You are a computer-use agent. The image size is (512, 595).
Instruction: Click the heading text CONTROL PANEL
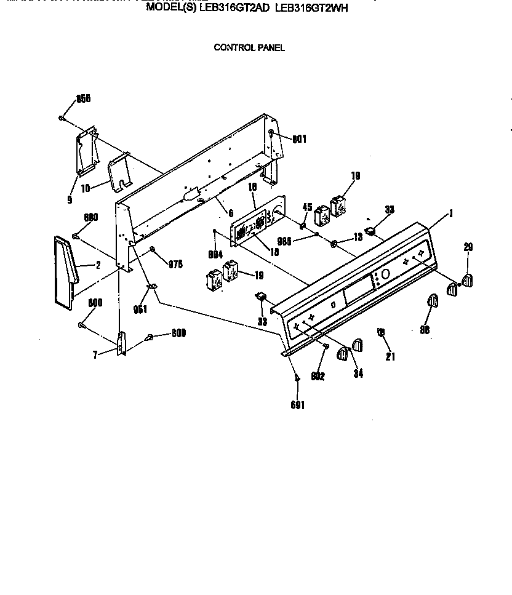pyautogui.click(x=249, y=47)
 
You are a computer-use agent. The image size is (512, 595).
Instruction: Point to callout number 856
pyautogui.click(x=83, y=100)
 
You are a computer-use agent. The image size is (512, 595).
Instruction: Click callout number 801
pyautogui.click(x=299, y=139)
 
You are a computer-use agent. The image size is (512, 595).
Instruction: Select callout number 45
pyautogui.click(x=307, y=207)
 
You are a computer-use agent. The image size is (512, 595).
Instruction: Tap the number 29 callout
pyautogui.click(x=468, y=247)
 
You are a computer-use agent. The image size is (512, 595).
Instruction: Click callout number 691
pyautogui.click(x=298, y=405)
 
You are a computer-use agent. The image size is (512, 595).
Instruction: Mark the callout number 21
pyautogui.click(x=390, y=356)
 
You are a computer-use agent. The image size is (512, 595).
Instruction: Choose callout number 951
pyautogui.click(x=140, y=309)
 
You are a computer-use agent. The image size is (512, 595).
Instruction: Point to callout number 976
pyautogui.click(x=176, y=264)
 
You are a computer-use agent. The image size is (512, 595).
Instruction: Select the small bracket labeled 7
pyautogui.click(x=121, y=343)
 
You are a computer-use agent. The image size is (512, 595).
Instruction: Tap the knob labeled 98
pyautogui.click(x=431, y=302)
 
